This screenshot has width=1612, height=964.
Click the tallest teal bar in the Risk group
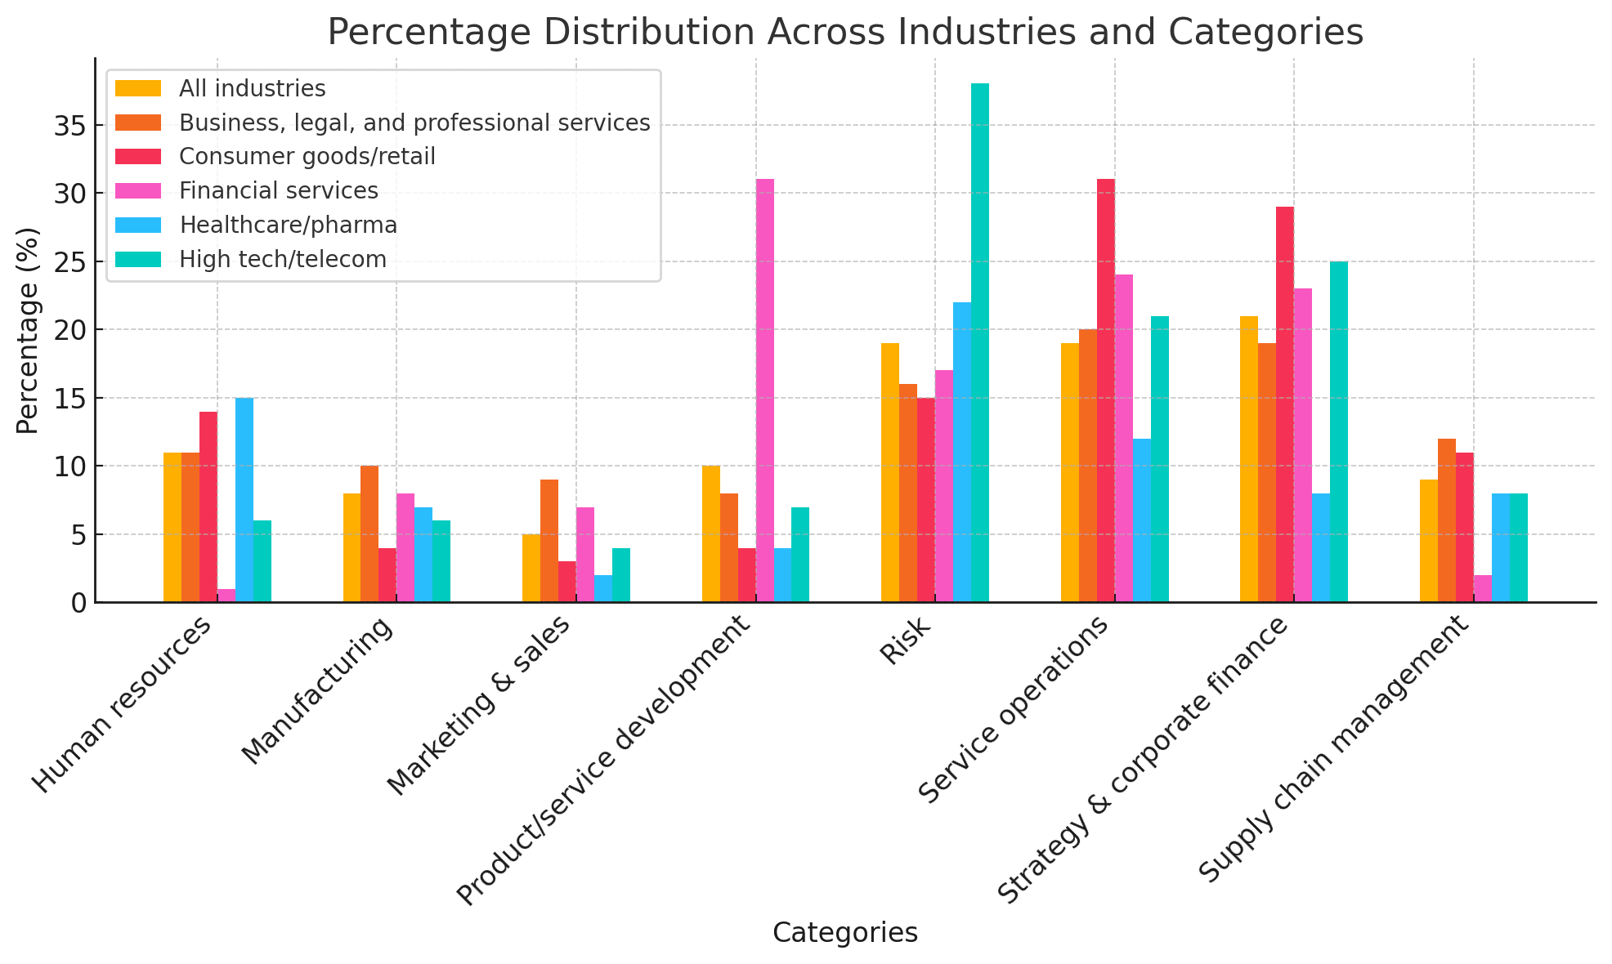(x=979, y=343)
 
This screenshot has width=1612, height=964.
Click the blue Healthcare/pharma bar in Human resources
(x=244, y=500)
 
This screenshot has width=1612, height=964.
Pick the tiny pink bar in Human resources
(x=226, y=596)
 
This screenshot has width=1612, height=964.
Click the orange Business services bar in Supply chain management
(x=1446, y=520)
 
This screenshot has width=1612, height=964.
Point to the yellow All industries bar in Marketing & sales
(x=531, y=568)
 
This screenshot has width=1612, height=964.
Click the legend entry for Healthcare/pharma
(x=288, y=225)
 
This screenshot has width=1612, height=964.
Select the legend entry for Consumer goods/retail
(x=307, y=156)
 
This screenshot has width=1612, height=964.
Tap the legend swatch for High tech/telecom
(x=138, y=259)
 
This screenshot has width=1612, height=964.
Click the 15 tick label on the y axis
(x=65, y=399)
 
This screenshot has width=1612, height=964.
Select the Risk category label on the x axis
(x=906, y=642)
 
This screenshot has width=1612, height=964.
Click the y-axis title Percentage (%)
(x=28, y=330)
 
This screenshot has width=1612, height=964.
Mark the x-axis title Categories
(x=844, y=933)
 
